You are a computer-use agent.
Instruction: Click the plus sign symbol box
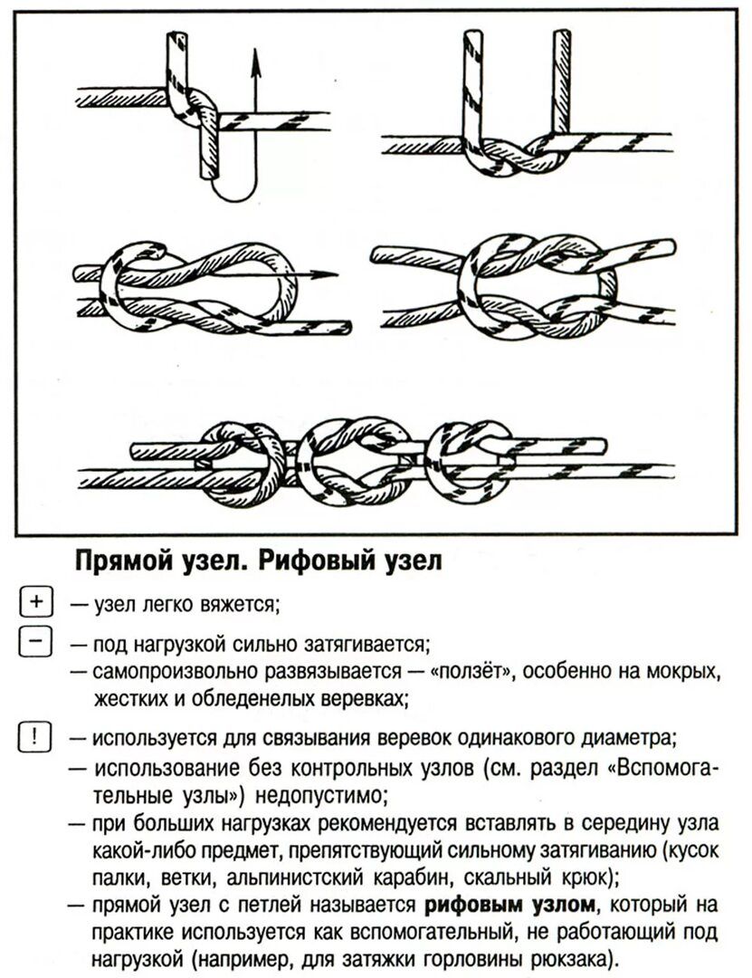35,601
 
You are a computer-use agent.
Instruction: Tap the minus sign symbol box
35,643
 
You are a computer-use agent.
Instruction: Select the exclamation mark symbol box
35,733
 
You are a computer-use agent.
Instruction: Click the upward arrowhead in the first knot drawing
255,60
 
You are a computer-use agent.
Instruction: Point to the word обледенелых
256,698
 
